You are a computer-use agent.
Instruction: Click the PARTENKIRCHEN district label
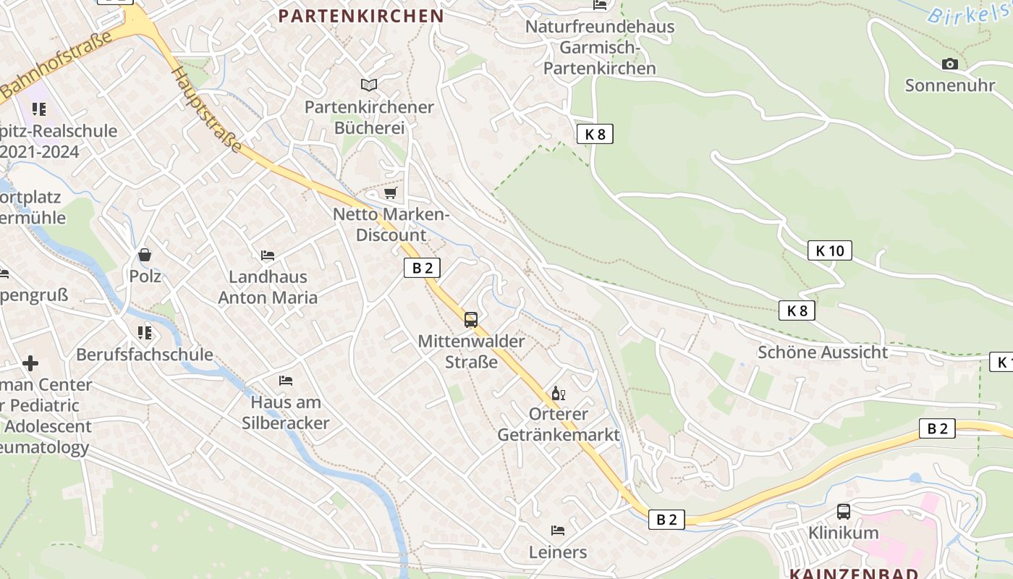[361, 16]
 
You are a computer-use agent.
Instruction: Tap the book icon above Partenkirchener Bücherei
[369, 85]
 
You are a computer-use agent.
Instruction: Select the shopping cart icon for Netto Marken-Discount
[391, 193]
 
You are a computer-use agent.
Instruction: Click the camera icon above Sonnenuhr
[950, 64]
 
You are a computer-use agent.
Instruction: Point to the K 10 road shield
[829, 250]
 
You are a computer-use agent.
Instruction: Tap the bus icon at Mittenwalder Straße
[471, 319]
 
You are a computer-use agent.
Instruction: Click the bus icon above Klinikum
[844, 512]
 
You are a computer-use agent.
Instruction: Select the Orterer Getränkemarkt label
[559, 424]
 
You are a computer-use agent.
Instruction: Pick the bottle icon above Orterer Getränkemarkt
[559, 394]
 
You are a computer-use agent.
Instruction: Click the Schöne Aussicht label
[822, 352]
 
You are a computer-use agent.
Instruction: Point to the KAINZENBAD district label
[854, 574]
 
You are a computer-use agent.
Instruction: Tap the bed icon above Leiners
[558, 531]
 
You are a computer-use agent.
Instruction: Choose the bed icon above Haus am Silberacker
[286, 381]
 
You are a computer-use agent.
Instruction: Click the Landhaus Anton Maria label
[268, 287]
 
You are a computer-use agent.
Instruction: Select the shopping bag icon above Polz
[145, 255]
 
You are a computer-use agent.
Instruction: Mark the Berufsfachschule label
[145, 355]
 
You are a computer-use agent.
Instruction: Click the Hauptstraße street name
[207, 110]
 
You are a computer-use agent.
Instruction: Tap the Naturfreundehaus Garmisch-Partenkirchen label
[600, 48]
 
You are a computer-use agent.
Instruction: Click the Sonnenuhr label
[950, 85]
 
